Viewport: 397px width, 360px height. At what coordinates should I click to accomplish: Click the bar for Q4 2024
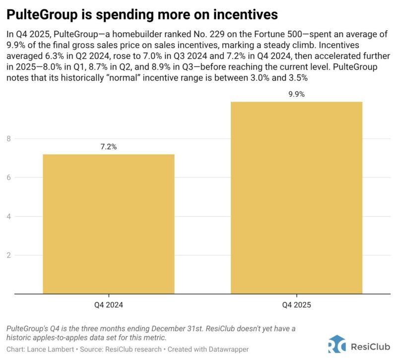point(108,223)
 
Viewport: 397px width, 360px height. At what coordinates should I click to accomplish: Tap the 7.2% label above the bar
point(108,147)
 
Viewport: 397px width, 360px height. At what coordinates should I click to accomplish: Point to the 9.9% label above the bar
point(296,94)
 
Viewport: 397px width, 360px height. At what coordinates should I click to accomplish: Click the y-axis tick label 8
point(8,139)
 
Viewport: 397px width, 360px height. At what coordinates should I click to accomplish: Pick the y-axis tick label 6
point(8,178)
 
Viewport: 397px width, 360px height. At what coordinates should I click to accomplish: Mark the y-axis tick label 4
point(8,216)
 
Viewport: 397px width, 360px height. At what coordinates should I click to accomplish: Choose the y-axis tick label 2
point(8,255)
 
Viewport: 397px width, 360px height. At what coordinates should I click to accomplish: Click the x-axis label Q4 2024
point(108,305)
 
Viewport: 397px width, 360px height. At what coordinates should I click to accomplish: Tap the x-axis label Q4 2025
point(296,305)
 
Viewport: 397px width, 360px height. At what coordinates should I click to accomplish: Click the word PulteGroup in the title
point(45,15)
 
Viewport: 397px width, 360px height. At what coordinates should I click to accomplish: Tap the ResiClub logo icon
point(337,345)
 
